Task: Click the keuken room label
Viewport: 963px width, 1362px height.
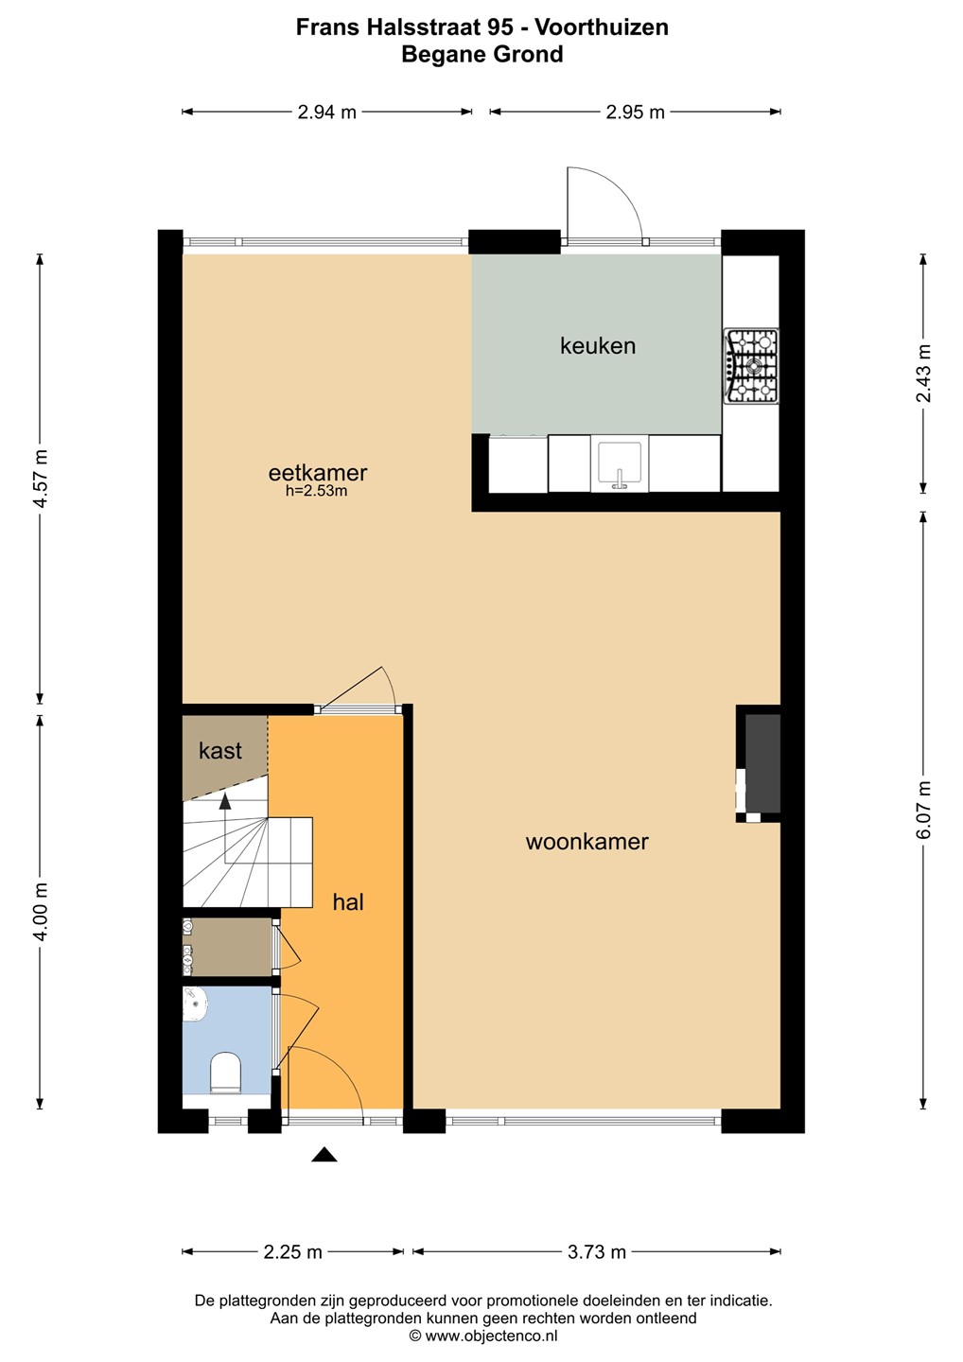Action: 598,346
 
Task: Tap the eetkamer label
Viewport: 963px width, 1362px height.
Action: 317,473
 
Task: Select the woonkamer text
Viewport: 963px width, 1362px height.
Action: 587,842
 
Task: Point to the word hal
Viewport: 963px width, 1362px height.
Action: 348,901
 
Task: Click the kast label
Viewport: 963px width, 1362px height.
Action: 220,751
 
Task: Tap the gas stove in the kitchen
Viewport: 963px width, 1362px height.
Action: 751,365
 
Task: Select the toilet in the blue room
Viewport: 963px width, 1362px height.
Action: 225,1074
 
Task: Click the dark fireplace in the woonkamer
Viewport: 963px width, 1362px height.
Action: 762,763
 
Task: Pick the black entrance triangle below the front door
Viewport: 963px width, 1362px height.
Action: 324,1155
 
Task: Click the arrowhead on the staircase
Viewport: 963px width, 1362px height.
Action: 225,801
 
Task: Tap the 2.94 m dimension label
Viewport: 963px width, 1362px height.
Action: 326,113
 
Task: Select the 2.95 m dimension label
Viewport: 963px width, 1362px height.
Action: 635,113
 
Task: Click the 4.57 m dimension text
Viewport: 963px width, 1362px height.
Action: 41,479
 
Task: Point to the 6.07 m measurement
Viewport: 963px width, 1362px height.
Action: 923,810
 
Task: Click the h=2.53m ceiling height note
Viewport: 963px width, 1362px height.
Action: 316,491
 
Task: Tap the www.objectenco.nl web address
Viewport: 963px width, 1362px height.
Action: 491,1336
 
